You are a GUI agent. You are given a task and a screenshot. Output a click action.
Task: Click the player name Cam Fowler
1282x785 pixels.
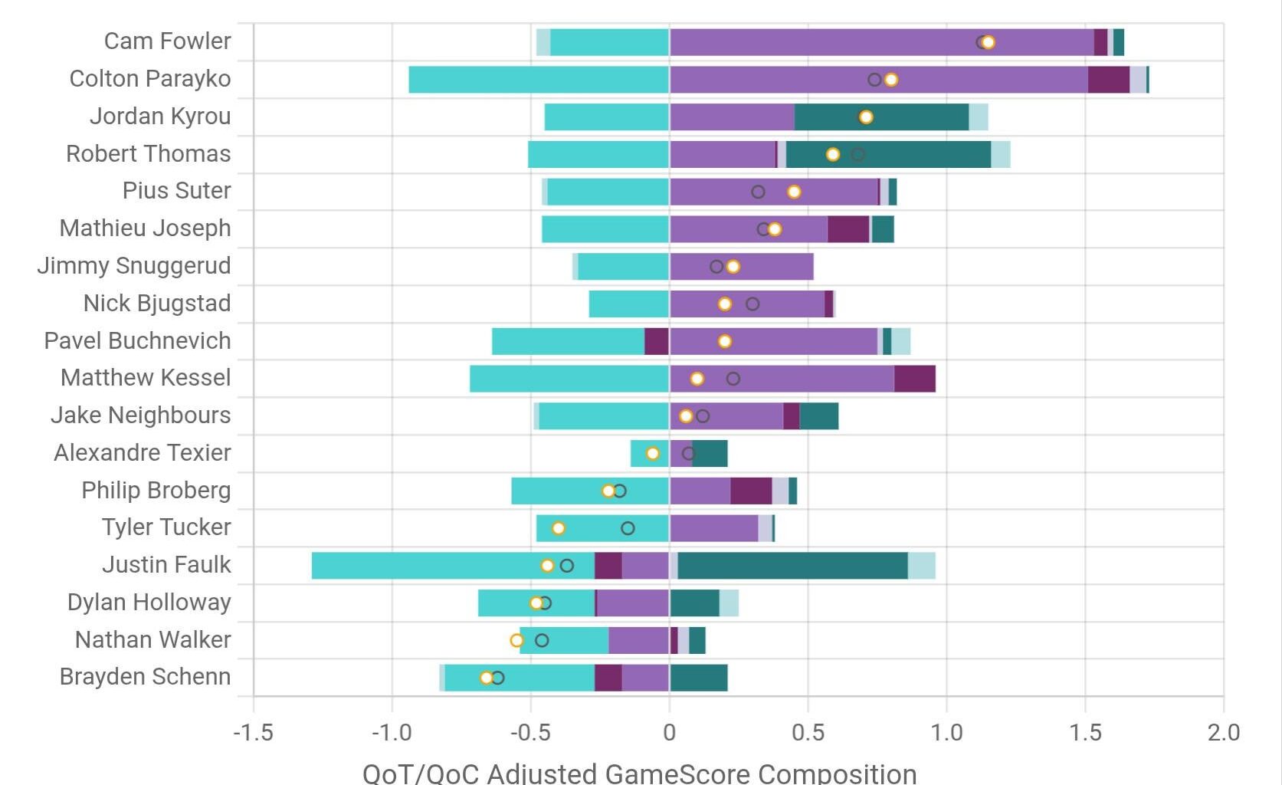point(167,41)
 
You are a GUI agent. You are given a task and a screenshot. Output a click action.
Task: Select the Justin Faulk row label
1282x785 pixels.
point(166,565)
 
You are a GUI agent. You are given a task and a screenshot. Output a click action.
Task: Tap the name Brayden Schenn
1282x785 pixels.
point(145,677)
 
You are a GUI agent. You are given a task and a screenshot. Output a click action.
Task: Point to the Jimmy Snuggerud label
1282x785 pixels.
point(134,266)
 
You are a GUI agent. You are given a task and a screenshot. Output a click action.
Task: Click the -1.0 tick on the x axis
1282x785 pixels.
point(392,733)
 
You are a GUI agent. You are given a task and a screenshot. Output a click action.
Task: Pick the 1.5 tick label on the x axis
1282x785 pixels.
point(1085,733)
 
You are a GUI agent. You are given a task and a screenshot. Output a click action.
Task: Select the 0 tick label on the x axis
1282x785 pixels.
point(669,733)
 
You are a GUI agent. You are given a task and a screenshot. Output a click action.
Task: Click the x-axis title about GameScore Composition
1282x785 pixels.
point(639,773)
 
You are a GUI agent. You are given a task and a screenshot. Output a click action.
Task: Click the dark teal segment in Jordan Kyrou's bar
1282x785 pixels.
point(881,117)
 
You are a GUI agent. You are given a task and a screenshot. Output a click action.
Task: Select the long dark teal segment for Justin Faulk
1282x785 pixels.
point(792,566)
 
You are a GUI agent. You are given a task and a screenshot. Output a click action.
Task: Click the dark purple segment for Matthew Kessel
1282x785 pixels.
point(914,379)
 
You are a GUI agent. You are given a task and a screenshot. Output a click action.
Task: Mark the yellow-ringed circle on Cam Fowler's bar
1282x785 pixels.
point(989,42)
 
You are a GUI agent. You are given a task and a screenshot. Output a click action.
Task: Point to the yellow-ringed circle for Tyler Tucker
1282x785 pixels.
point(559,528)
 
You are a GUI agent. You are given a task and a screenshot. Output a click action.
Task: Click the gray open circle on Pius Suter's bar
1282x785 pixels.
point(758,192)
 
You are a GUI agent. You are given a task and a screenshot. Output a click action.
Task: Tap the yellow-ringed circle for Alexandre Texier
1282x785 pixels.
point(653,454)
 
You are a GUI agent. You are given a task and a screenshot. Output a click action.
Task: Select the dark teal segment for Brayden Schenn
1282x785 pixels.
point(698,678)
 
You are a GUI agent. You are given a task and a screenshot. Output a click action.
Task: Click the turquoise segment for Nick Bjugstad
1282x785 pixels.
point(628,304)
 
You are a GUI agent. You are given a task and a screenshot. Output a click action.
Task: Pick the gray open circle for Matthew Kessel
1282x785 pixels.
point(733,379)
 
